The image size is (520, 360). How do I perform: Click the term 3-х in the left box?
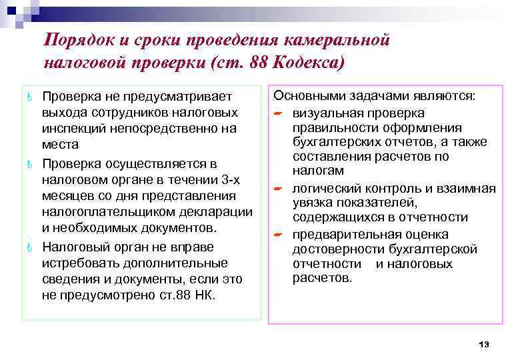click(232, 180)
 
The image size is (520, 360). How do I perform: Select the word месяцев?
click(67, 196)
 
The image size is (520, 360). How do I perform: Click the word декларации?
click(221, 212)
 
